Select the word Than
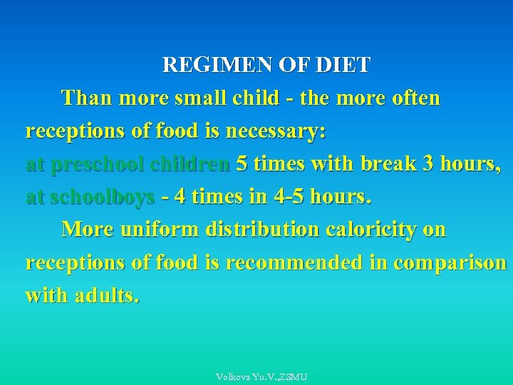coord(87,98)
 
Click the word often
coord(412,98)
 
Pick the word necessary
coord(276,131)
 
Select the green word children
coord(190,164)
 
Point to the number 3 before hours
coord(428,164)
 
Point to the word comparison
coord(450,262)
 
